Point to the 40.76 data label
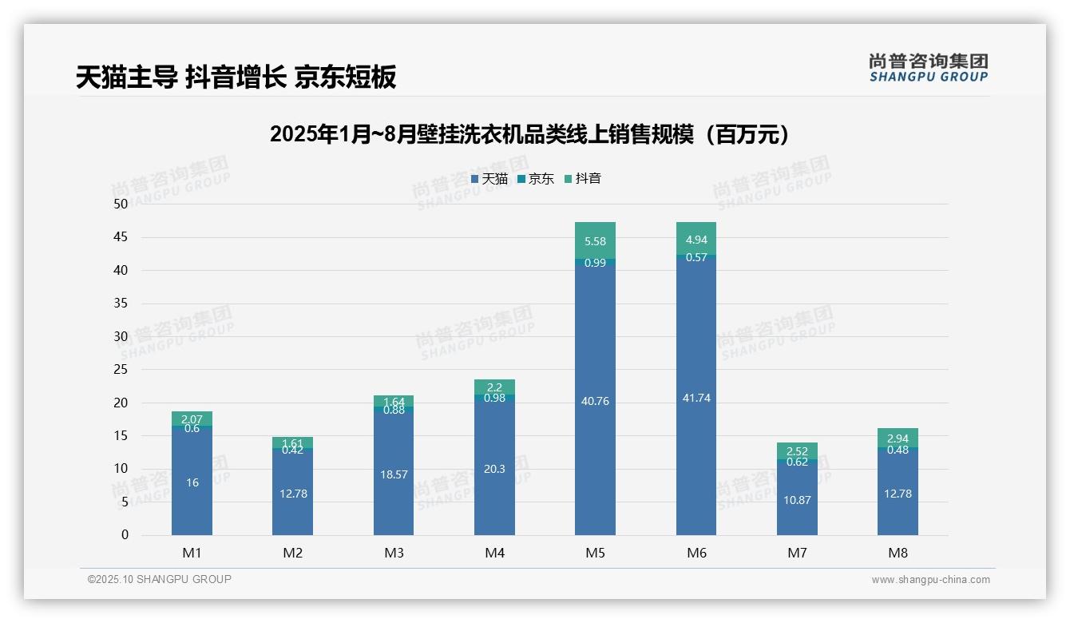click(595, 401)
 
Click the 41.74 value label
click(695, 398)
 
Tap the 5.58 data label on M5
click(595, 241)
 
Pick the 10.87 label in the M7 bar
click(797, 500)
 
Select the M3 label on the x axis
click(394, 553)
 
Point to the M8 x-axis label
click(898, 553)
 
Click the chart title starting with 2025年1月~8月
click(533, 134)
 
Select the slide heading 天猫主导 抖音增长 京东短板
click(236, 77)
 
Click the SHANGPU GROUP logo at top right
click(928, 67)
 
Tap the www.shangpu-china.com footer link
click(930, 580)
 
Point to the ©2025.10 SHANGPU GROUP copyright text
click(160, 579)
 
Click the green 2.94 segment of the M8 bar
click(898, 438)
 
